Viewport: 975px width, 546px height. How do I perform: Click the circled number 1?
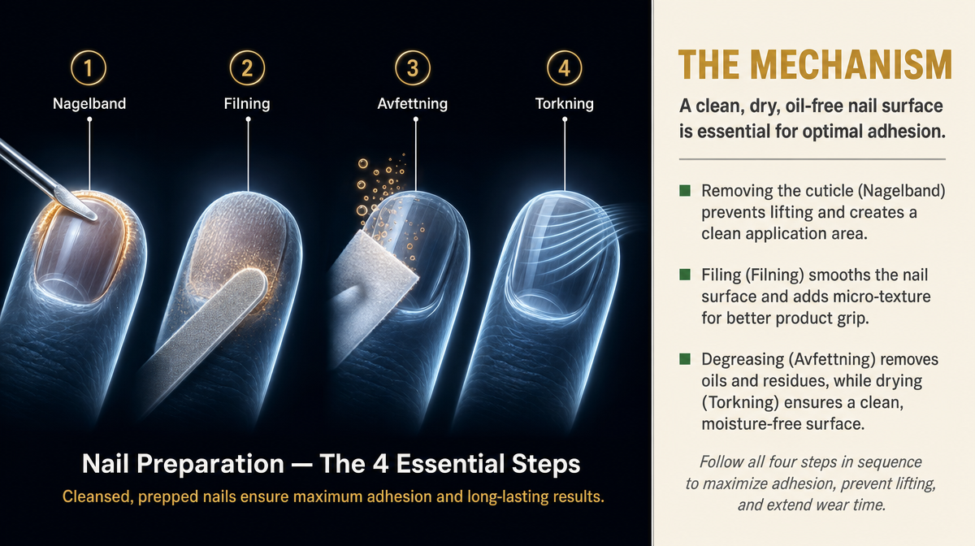(89, 68)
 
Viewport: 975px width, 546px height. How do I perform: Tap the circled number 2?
(247, 68)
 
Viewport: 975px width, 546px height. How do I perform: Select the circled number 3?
(413, 68)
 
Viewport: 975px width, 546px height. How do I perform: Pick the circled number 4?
(565, 68)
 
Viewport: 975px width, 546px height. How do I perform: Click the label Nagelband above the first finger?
(89, 104)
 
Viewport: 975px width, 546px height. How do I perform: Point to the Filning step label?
(247, 104)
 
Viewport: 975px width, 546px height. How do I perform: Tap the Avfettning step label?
(412, 104)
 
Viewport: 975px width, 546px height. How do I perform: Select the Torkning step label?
(564, 104)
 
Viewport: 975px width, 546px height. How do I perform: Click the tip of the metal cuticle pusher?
(95, 216)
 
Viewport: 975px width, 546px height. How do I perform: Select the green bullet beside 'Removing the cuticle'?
(685, 191)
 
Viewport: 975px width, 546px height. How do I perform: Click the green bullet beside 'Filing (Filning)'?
(685, 275)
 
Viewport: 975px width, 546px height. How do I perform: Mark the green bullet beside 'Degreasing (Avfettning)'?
(685, 359)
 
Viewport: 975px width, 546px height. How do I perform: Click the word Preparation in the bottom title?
(210, 464)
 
